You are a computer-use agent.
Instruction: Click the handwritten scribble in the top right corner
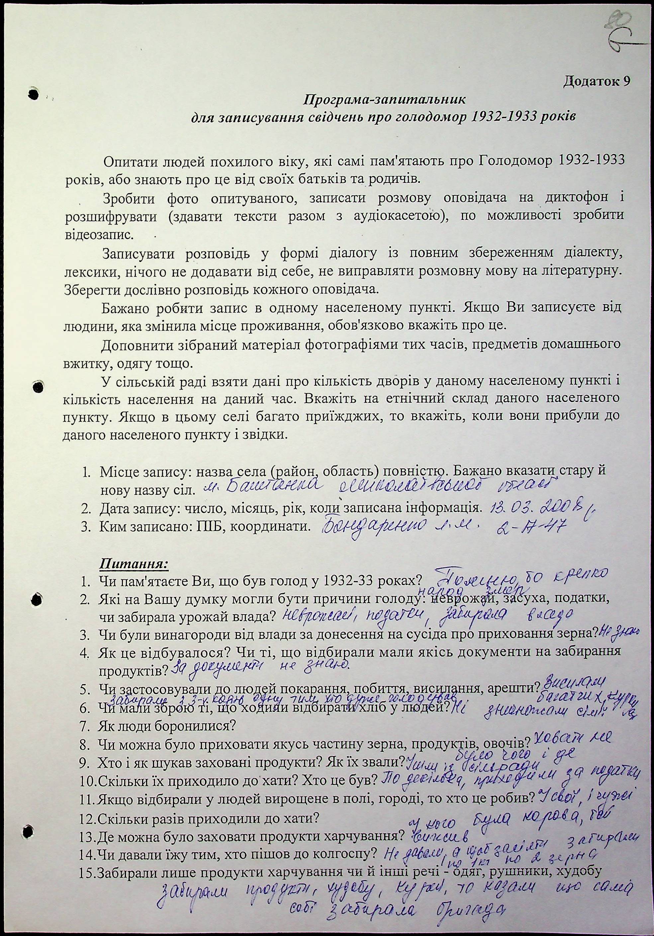coord(624,33)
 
